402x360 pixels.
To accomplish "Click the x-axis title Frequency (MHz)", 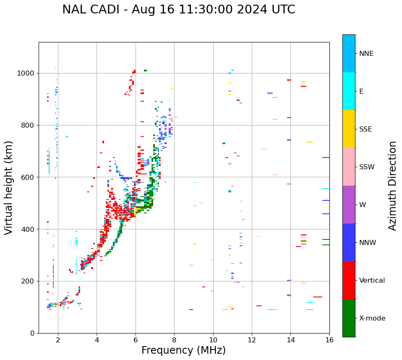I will point(183,350).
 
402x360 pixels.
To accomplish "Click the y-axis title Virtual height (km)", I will point(9,187).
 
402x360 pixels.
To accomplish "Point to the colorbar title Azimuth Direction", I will point(392,186).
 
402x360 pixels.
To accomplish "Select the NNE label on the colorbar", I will point(366,54).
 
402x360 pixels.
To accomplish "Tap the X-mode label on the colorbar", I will point(372,318).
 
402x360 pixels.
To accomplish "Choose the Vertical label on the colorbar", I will point(372,281).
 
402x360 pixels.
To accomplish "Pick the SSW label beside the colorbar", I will point(366,167).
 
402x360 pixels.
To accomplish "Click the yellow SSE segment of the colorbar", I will point(349,129).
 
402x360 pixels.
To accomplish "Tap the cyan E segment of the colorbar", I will point(349,91).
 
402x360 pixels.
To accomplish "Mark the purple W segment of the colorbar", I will point(349,205).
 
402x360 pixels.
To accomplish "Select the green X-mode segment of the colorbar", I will point(349,318).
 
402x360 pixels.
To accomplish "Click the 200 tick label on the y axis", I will point(30,281).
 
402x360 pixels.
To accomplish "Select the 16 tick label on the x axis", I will point(329,340).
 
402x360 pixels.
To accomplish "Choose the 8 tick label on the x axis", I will point(174,340).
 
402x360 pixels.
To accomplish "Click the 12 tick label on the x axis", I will point(252,340).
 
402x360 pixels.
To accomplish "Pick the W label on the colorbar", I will point(363,205).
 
